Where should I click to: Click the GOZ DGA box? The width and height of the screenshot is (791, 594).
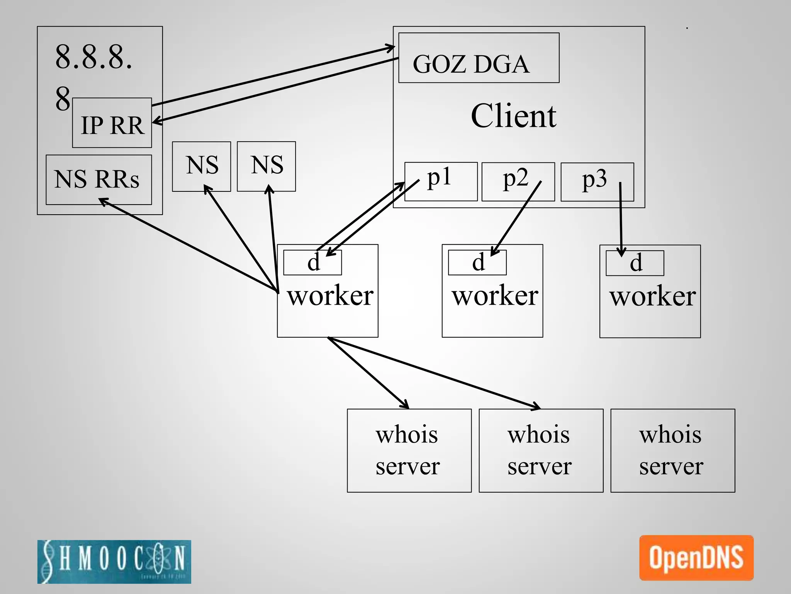[x=479, y=58]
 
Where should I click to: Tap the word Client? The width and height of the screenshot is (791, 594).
[x=513, y=116]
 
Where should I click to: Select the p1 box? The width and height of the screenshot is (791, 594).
[x=441, y=181]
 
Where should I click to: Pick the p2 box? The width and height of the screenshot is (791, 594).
[x=518, y=181]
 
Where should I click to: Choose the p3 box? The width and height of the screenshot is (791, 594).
[x=597, y=182]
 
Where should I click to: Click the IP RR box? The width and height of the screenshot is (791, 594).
[x=112, y=123]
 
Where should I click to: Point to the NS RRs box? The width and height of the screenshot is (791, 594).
[x=98, y=180]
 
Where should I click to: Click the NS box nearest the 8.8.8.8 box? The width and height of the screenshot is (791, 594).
[x=201, y=166]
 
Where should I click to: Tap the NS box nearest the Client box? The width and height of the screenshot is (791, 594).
[x=266, y=166]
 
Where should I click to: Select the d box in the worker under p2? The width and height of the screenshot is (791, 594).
[x=477, y=263]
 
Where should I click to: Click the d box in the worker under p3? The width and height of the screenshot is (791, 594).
[x=635, y=263]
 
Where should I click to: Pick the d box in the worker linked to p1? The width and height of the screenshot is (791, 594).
[x=312, y=263]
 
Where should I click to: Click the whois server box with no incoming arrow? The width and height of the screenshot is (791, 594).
[x=672, y=451]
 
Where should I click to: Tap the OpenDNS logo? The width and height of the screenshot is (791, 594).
[x=696, y=558]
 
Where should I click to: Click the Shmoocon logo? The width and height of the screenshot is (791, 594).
[x=114, y=562]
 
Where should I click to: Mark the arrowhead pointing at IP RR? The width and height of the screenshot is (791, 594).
[x=156, y=122]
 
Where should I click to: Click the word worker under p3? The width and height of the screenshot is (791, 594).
[x=652, y=296]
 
